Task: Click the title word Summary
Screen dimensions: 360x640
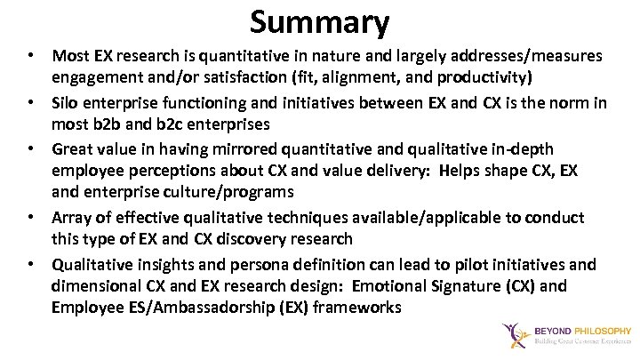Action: pyautogui.click(x=320, y=20)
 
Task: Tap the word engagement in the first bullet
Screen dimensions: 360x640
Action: pyautogui.click(x=99, y=77)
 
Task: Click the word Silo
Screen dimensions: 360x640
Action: pyautogui.click(x=67, y=102)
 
